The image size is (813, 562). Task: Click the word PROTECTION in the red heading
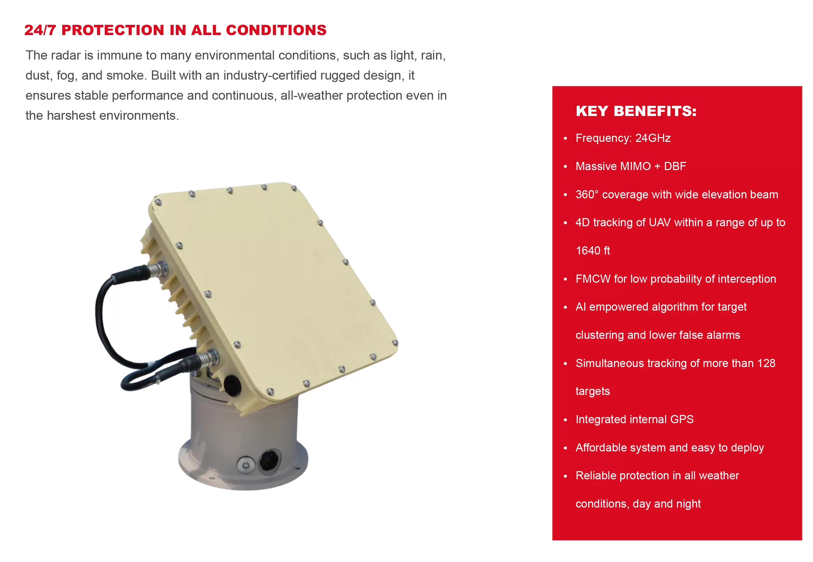pos(113,30)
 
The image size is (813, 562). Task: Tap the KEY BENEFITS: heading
pos(636,111)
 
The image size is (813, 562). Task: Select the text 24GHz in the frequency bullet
pos(653,138)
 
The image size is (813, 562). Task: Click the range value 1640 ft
pos(593,251)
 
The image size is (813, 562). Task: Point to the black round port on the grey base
pos(269,460)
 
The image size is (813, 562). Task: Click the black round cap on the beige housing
pos(232,385)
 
